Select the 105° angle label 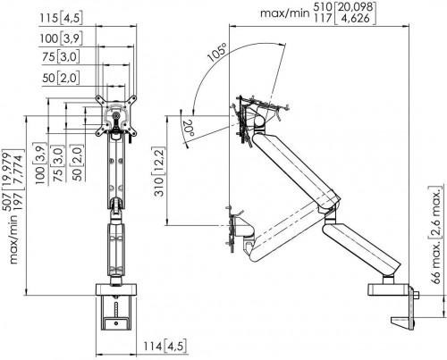coord(217,53)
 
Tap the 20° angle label coord(189,128)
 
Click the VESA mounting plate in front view coord(116,116)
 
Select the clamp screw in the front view coord(116,309)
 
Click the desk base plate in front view coord(116,289)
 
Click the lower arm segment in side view coord(361,247)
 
